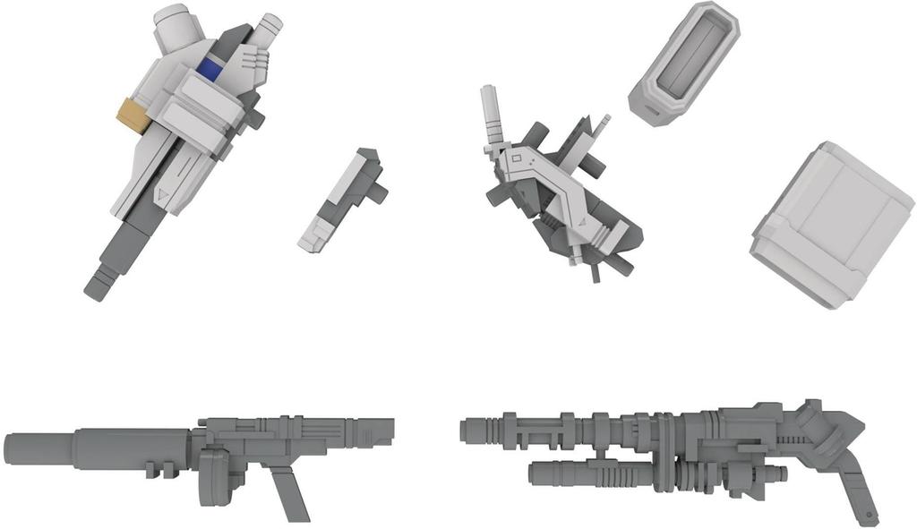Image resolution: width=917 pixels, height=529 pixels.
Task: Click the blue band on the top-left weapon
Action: [212, 68]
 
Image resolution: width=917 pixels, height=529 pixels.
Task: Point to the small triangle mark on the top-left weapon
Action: [161, 194]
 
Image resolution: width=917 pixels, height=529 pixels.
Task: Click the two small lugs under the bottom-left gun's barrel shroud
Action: [159, 468]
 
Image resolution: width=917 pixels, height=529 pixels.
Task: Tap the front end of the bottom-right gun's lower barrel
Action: [535, 472]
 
